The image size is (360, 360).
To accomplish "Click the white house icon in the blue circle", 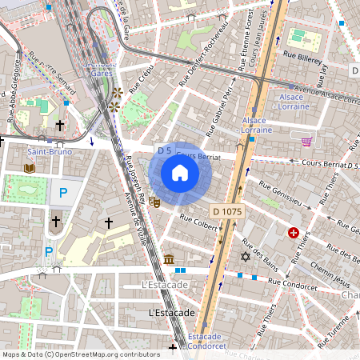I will (x=180, y=173).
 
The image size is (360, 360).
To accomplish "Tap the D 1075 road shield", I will (x=227, y=211).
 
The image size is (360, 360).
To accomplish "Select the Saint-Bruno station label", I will (x=49, y=151).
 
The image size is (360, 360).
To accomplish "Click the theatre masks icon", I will (x=155, y=203).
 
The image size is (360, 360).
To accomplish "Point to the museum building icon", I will (x=169, y=259).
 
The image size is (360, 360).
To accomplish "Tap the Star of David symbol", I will (x=245, y=257).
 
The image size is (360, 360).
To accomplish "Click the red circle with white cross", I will (x=294, y=233).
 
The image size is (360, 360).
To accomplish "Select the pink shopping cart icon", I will (x=307, y=142).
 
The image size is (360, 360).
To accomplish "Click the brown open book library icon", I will (x=30, y=168).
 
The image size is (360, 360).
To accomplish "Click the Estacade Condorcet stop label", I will (x=206, y=342).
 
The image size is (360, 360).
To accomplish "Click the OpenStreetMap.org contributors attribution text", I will (x=107, y=354).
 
